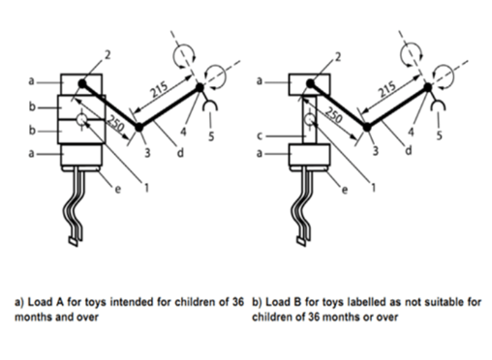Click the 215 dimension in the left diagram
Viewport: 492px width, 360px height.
click(160, 90)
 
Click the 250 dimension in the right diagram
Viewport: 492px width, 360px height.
click(333, 114)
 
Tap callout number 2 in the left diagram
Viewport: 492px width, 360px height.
click(108, 55)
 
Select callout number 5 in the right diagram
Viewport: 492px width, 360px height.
click(439, 135)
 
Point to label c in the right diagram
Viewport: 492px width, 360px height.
click(260, 136)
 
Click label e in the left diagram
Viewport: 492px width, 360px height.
click(118, 189)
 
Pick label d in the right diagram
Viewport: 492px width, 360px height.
click(409, 150)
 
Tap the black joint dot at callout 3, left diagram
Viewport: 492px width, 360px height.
click(138, 128)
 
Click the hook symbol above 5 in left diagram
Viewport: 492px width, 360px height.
click(210, 105)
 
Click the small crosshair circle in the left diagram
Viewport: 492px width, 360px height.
click(81, 120)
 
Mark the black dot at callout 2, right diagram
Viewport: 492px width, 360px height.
click(310, 83)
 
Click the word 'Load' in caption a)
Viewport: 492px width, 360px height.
click(41, 302)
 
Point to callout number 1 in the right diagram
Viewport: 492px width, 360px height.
click(374, 187)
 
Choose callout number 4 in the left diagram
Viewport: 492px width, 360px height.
click(183, 132)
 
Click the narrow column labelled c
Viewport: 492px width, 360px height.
click(309, 120)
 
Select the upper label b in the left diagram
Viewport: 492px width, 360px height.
click(32, 106)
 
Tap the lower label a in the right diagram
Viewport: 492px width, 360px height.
click(260, 153)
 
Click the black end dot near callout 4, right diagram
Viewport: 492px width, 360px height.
click(428, 87)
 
